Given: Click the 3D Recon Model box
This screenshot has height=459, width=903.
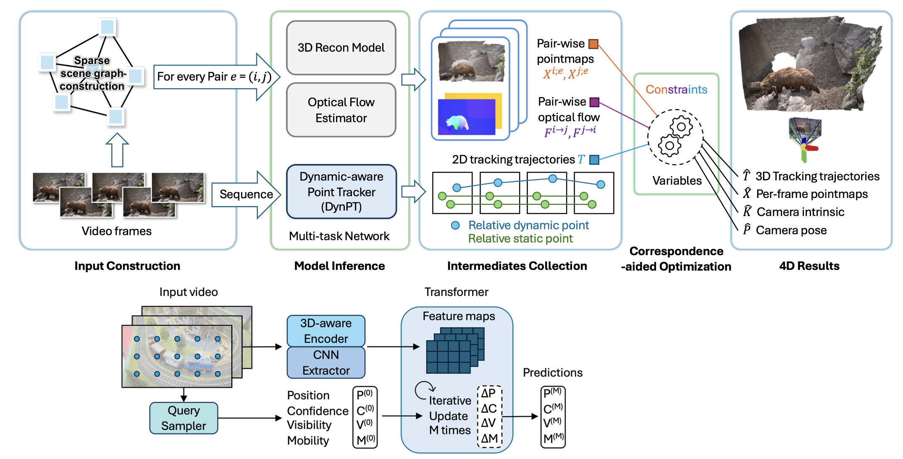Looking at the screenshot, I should pos(341,47).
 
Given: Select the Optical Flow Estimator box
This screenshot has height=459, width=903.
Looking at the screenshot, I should pos(341,110).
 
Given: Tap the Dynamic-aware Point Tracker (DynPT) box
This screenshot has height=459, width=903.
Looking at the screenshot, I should pos(341,192).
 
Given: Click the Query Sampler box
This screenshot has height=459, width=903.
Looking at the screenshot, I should pos(184,418).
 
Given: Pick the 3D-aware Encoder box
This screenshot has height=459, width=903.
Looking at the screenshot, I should pos(326,331).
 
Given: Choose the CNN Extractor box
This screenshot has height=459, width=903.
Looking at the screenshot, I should pos(326,362).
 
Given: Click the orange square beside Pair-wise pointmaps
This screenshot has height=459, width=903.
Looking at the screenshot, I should pos(593,44).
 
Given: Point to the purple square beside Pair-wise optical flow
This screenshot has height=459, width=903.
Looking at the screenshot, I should pos(594,102).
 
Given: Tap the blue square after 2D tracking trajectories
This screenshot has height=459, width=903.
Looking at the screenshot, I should pos(594,160).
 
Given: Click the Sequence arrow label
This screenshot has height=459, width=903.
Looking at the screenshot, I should pos(246,194).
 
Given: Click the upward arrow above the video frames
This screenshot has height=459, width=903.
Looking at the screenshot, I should pos(117,150).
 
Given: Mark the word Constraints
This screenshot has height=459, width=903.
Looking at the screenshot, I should pos(676,90).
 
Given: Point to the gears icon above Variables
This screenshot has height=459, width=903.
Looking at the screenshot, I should pos(675,137).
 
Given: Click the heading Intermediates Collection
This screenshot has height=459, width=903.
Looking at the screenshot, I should pos(517,266).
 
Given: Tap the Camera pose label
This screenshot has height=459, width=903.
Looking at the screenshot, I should pos(791,230).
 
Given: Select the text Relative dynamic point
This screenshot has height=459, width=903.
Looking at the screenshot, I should pos(528,225).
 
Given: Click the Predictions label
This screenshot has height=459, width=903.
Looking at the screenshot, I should pos(552,372).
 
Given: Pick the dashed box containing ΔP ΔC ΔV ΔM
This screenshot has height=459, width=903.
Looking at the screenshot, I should pos(489,416).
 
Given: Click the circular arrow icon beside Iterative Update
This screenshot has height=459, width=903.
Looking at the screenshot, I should pos(424,390).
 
